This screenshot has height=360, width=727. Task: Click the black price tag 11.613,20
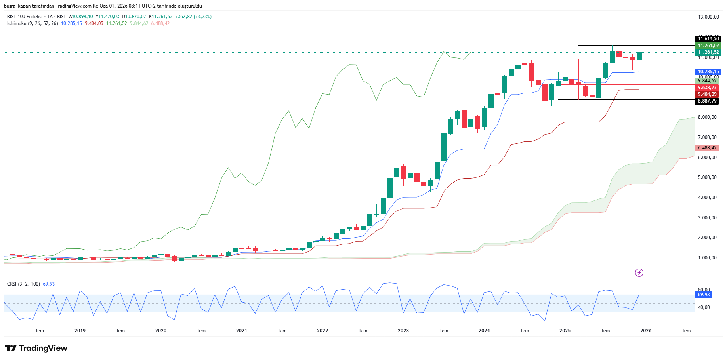tap(708, 39)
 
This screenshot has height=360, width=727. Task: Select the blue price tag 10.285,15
tap(708, 72)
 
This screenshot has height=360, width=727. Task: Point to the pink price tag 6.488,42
tap(707, 148)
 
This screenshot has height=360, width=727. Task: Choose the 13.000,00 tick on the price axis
tap(708, 17)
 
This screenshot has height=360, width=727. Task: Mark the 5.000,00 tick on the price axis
tap(707, 177)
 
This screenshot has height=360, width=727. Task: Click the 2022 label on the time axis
tap(322, 331)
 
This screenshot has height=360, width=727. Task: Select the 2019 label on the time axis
tap(80, 331)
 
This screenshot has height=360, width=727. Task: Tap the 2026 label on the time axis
tap(646, 331)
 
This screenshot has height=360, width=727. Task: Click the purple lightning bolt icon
tap(639, 272)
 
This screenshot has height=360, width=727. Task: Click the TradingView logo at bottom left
tap(36, 348)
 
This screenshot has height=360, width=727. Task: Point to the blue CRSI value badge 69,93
tap(704, 295)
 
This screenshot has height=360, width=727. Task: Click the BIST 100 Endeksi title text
tap(25, 17)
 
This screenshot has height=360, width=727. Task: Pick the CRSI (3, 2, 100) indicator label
tap(23, 284)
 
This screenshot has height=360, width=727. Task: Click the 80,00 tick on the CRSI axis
tap(704, 290)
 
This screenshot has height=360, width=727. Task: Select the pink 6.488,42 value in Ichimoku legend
tap(160, 23)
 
